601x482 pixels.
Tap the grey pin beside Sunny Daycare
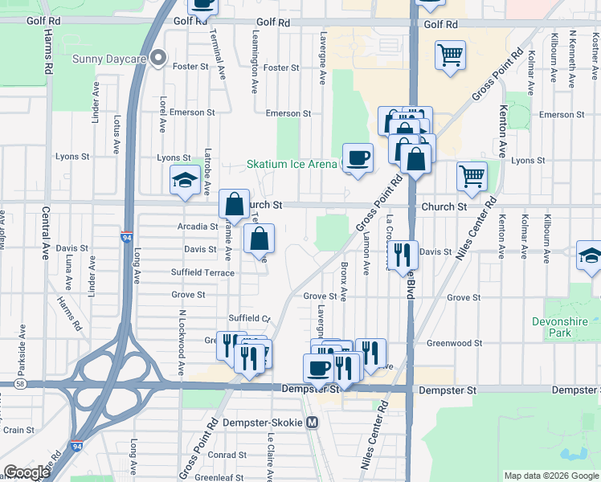click(159, 58)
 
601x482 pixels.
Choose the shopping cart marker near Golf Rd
click(450, 56)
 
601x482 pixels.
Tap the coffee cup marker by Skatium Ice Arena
click(358, 157)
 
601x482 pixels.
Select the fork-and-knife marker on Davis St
click(402, 254)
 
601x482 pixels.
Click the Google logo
click(27, 472)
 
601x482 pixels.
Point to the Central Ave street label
click(46, 241)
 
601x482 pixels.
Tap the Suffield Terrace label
click(202, 272)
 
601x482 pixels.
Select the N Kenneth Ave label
click(572, 51)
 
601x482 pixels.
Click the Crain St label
click(18, 430)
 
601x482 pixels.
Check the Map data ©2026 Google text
click(550, 476)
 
